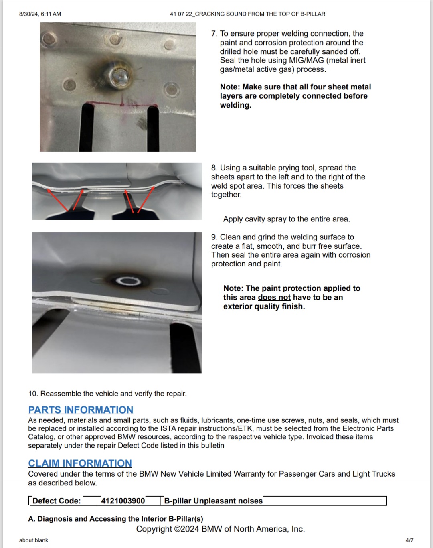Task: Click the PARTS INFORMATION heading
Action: coord(81,410)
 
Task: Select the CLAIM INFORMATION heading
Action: coord(80,463)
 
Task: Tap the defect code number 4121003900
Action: coord(123,501)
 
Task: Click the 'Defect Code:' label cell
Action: coord(57,501)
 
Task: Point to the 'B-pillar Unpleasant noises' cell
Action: coord(213,501)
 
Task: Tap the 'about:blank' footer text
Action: coord(34,540)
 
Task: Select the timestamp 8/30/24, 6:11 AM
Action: coord(40,14)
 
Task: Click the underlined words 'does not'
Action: coord(274,297)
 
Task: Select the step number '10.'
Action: coord(33,394)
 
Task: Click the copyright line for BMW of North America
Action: coord(221,529)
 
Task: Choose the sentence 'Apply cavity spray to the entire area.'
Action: coord(286,219)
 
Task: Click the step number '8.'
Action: coord(214,168)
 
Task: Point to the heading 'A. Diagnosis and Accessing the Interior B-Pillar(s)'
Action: coord(115,519)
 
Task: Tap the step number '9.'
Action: coord(214,237)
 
